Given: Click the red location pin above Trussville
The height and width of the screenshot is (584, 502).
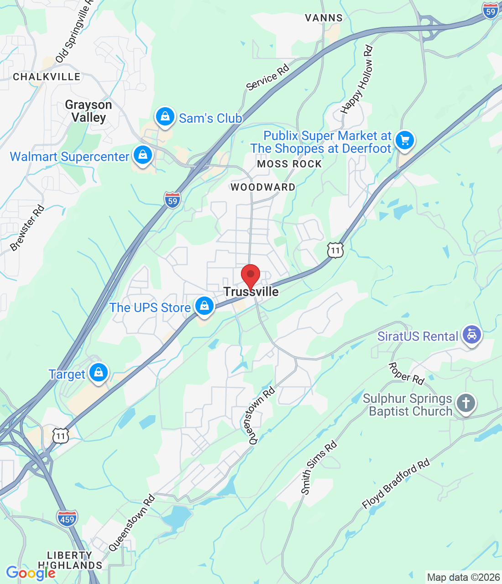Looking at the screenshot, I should (x=250, y=275).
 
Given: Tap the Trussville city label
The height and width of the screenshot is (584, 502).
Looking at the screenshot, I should (x=251, y=292).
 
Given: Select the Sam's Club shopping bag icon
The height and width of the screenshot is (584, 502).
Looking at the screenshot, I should (x=165, y=117).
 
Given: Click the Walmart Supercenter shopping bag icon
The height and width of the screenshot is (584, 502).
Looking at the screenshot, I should (x=143, y=155).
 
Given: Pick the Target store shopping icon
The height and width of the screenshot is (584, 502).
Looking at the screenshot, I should (x=98, y=373).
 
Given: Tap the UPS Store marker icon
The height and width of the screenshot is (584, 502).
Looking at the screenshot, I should (x=204, y=306).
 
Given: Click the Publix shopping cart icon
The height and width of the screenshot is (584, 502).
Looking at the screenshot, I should (x=404, y=140).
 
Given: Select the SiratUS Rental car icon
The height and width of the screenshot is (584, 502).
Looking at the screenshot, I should (x=471, y=335).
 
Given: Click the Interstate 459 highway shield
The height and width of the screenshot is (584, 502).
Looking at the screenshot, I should (x=67, y=519).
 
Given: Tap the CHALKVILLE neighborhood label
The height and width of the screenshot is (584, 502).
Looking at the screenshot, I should (x=47, y=77).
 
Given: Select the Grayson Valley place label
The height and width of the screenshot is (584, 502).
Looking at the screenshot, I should (x=89, y=111).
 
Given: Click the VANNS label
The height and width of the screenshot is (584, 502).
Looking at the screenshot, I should (x=324, y=18).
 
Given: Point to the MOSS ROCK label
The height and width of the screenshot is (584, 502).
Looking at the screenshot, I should (x=289, y=164).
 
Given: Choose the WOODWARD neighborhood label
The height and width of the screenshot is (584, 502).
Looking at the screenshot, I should (x=263, y=187).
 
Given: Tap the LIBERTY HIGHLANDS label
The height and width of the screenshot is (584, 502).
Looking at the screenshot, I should (x=70, y=560).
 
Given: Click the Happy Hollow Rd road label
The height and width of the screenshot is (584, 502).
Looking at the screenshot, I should (x=357, y=80).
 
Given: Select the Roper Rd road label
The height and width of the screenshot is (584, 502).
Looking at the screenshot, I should (x=406, y=373).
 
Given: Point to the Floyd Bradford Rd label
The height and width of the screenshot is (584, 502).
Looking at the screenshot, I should (x=396, y=484).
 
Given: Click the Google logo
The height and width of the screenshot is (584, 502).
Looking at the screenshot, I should (x=31, y=573).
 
